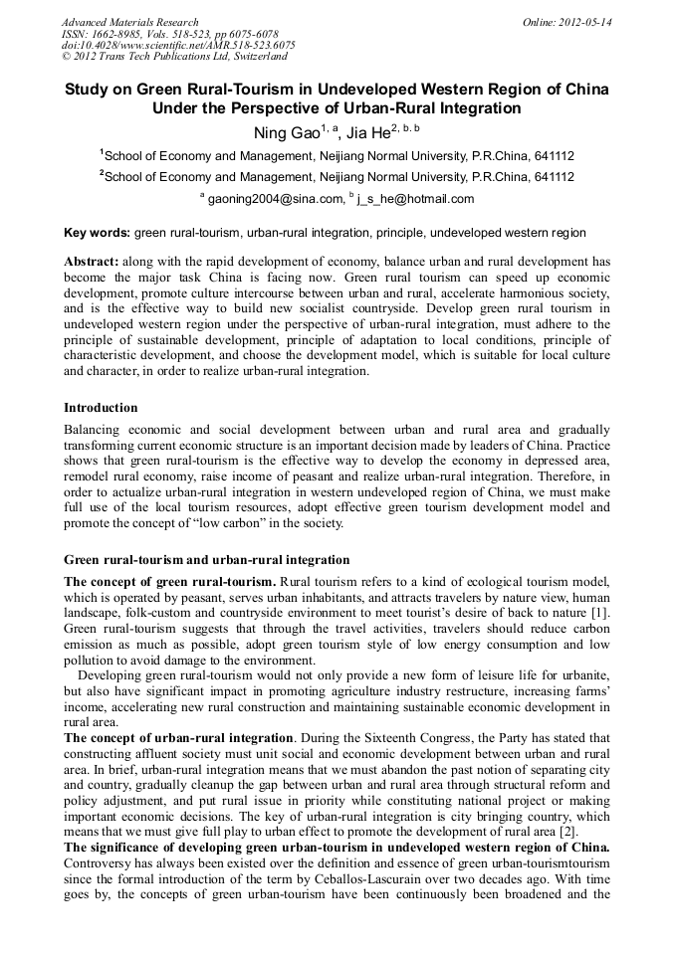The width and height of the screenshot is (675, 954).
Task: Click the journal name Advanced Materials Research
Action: click(x=129, y=22)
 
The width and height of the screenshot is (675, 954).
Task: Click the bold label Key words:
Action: click(x=97, y=233)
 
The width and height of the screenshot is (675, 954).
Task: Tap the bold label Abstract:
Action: click(x=93, y=261)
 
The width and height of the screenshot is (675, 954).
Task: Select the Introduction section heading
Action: click(x=101, y=408)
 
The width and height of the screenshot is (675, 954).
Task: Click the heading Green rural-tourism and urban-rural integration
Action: click(x=206, y=560)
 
